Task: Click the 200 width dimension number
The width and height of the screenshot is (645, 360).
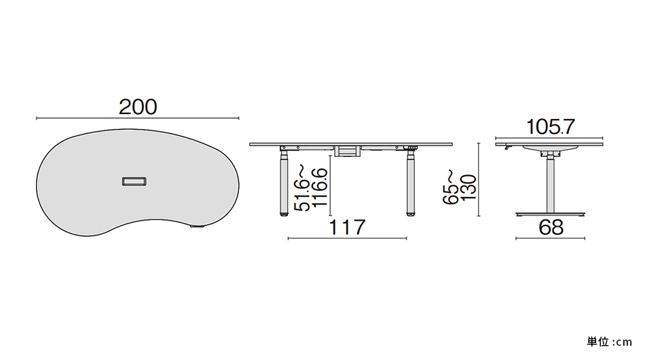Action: pyautogui.click(x=138, y=107)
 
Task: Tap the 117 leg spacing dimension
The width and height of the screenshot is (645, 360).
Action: pyautogui.click(x=347, y=227)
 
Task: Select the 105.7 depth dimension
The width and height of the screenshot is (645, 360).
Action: pyautogui.click(x=550, y=127)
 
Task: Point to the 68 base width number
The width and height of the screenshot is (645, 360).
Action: pyautogui.click(x=551, y=227)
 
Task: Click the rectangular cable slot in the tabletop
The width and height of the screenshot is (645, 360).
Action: pyautogui.click(x=134, y=181)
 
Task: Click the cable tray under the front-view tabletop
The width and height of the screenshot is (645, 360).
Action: pyautogui.click(x=348, y=151)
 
